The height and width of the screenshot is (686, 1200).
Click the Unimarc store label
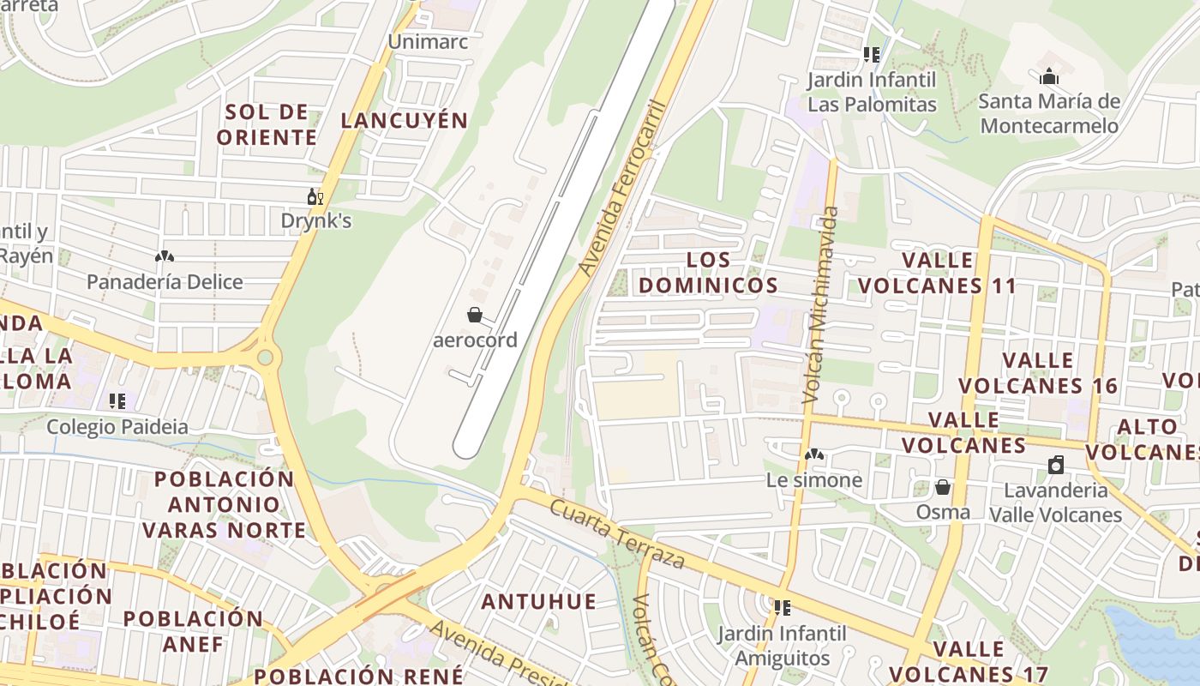pos(428,41)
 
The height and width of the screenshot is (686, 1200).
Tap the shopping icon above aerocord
pos(474,315)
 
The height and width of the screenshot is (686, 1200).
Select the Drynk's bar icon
pos(315,197)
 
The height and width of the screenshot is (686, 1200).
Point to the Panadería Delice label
pos(165,281)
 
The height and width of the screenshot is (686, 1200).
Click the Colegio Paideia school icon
pos(117,400)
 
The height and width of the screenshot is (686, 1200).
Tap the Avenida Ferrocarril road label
pos(622,189)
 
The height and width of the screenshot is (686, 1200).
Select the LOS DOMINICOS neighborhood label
pos(708,272)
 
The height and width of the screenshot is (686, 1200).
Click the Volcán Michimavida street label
pos(819,304)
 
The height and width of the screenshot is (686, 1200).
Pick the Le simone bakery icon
pos(813,454)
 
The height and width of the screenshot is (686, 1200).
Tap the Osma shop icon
pos(943,487)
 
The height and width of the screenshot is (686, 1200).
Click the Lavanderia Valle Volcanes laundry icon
pos(1056,465)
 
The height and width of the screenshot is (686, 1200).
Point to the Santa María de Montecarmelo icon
pos(1049,77)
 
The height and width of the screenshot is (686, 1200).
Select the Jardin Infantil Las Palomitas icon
pos(872,55)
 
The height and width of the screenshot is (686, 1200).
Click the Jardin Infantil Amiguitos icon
pos(782,608)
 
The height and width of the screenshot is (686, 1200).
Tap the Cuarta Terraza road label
pos(616,534)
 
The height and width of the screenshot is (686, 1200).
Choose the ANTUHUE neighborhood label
pos(538,601)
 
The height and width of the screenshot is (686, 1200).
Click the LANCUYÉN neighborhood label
pos(404,120)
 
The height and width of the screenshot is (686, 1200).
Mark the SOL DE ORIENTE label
pos(267,124)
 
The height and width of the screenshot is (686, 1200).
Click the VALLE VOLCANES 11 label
pos(938,273)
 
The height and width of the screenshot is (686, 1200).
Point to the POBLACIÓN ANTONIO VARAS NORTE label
pos(224,504)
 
